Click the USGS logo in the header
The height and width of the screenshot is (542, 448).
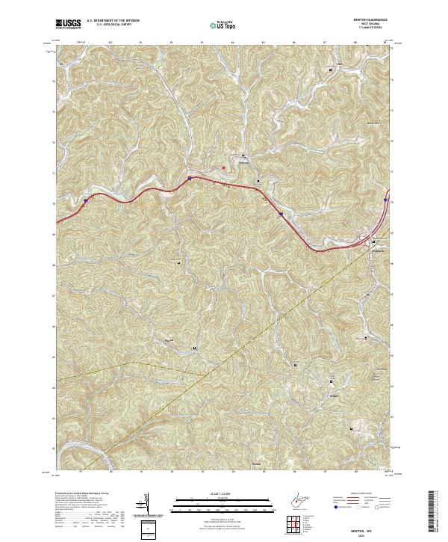point(69,25)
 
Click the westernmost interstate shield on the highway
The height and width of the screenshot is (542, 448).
point(87,200)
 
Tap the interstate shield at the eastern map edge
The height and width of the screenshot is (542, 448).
point(385,200)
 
